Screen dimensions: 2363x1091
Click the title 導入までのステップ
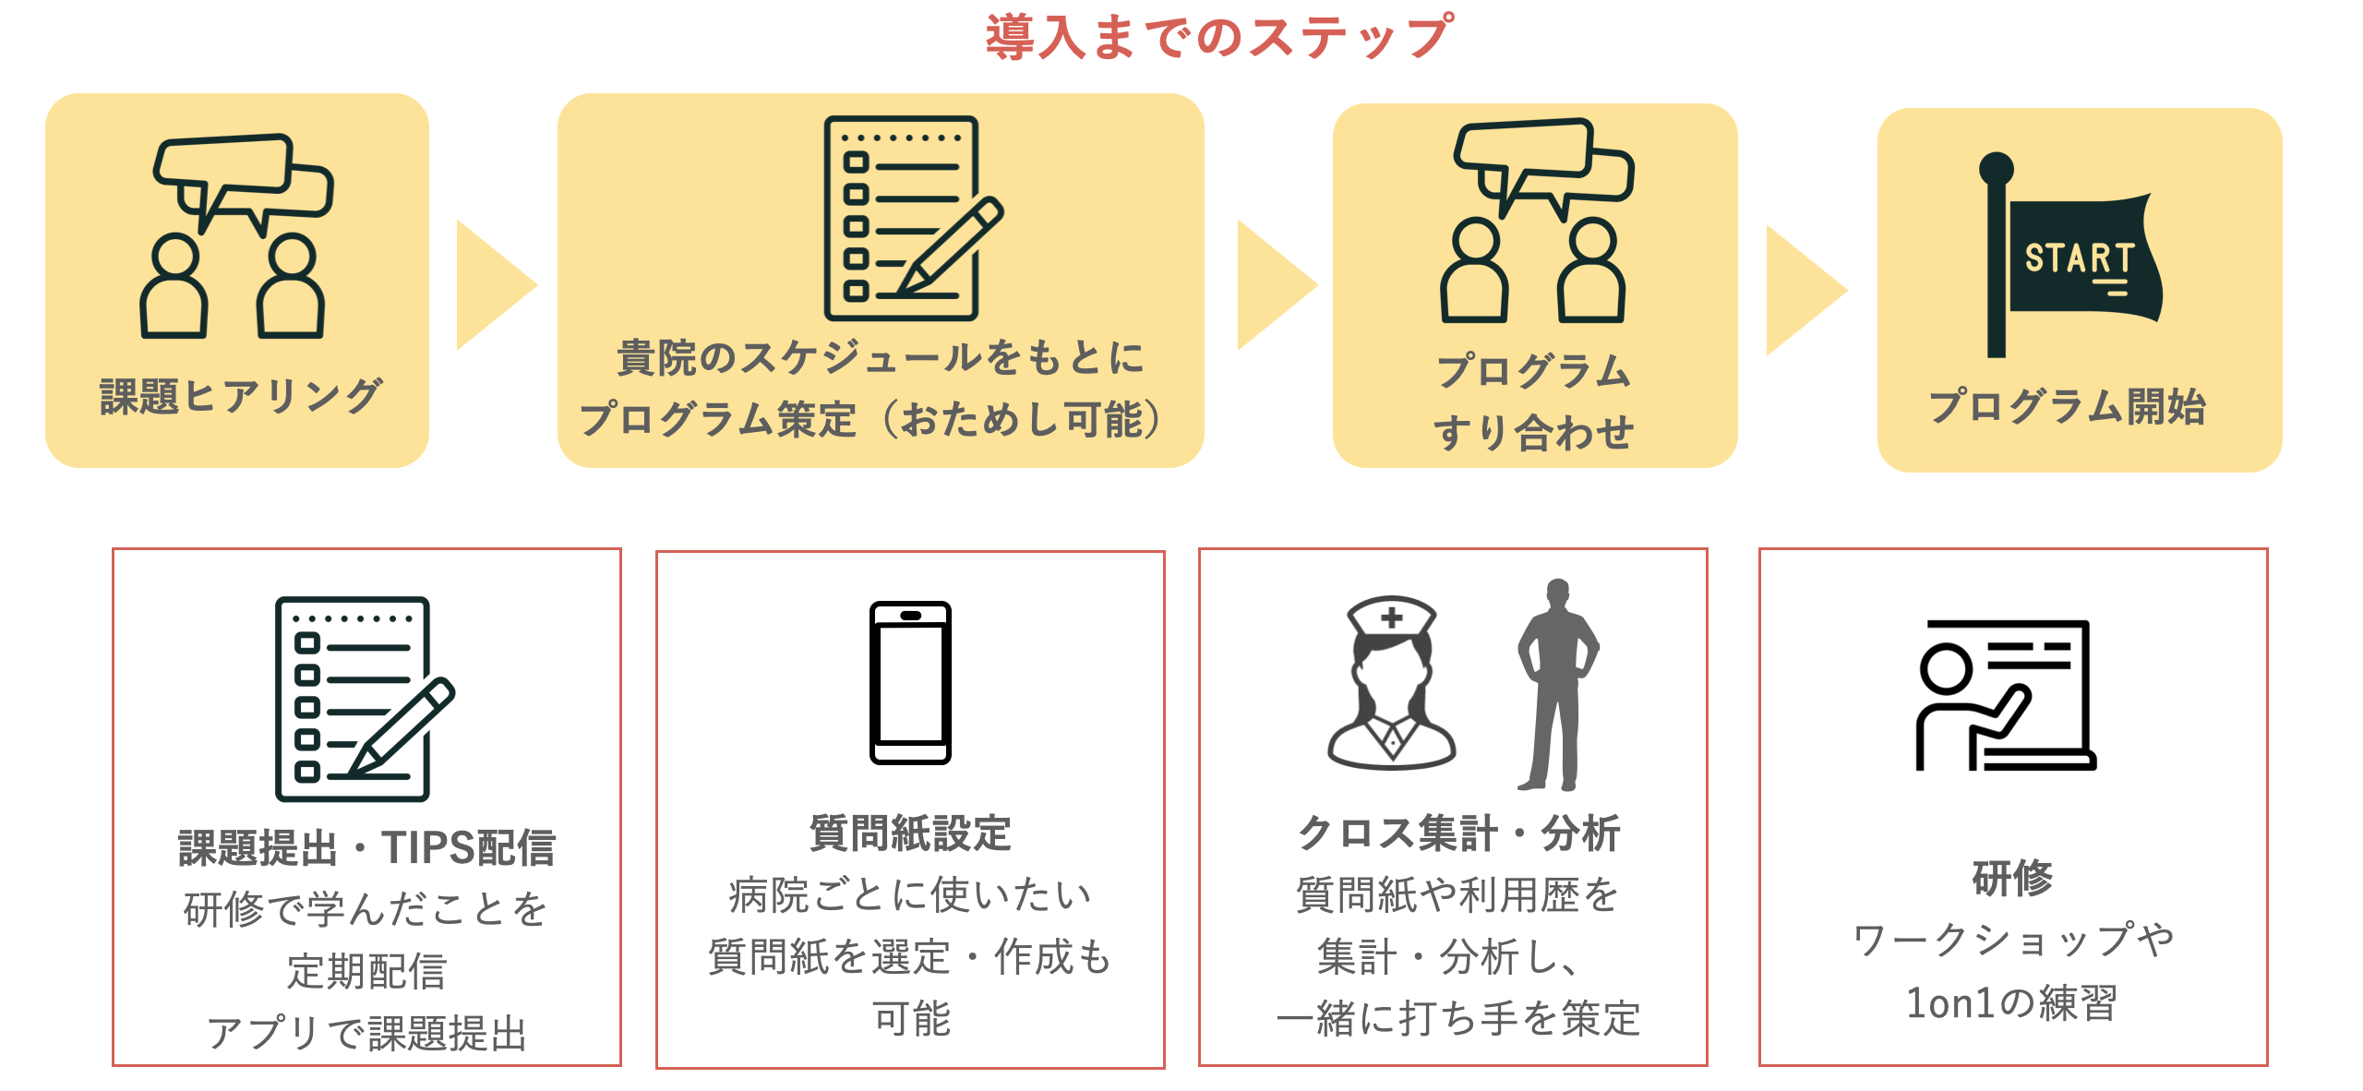1218,37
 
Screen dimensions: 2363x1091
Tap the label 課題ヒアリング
240,397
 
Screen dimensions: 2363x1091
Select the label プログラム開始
2068,406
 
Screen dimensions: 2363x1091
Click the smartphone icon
910,682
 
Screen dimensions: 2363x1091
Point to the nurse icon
1392,683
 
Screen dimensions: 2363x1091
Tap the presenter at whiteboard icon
2005,695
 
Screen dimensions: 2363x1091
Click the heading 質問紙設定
910,833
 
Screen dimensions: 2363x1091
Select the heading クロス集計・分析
1458,833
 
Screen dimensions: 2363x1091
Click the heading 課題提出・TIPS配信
366,847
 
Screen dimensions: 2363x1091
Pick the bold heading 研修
2012,877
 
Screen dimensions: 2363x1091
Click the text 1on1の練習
2012,1003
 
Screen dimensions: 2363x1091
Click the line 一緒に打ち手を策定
1458,1019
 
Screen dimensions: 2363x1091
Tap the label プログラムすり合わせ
1534,402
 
